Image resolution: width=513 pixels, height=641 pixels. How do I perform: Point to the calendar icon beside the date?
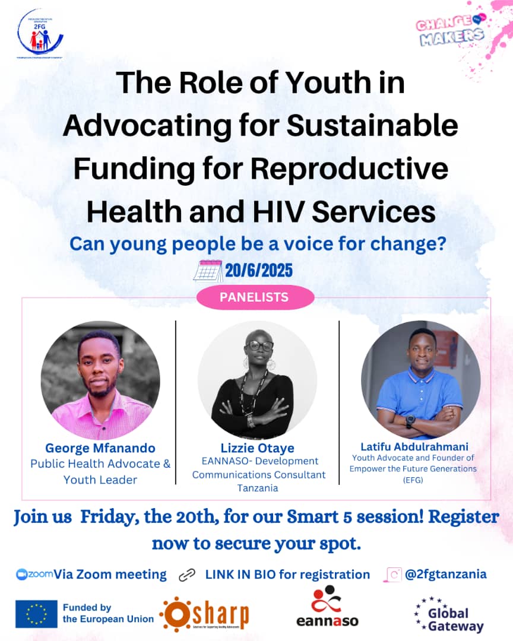[208, 270]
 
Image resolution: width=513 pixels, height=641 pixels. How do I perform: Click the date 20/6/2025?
[259, 271]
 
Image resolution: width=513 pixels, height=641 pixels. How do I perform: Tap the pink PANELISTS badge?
[255, 297]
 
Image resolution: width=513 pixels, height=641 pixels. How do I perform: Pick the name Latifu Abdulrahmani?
[414, 446]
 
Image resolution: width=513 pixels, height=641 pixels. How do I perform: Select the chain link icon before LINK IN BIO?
[186, 575]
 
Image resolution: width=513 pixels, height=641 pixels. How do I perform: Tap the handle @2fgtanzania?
[445, 574]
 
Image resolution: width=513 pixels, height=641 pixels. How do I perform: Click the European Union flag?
[36, 614]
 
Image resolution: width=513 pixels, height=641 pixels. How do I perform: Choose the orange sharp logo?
[205, 614]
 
